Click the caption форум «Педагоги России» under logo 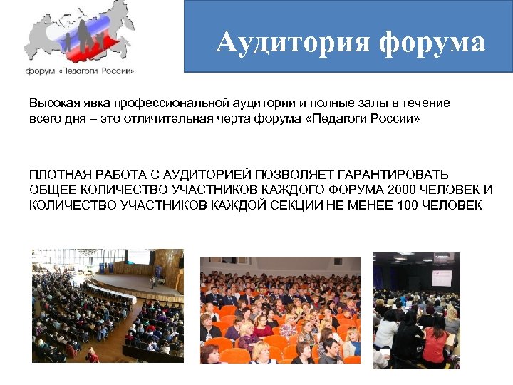coord(80,71)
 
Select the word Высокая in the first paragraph coord(52,103)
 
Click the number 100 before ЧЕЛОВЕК coord(410,205)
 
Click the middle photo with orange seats coord(279,309)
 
